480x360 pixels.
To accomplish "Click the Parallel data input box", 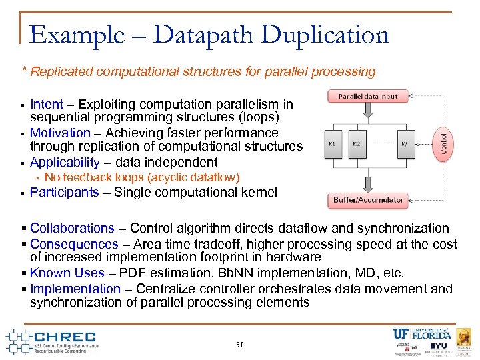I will pos(367,96).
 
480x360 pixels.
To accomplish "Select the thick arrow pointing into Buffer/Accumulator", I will pos(367,183).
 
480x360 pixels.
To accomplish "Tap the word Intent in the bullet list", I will pos(47,105).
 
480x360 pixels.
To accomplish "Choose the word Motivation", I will pos(60,133).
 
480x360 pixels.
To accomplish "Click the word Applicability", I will pos(64,162).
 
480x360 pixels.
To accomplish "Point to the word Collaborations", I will pos(72,228).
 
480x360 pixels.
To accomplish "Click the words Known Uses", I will pos(67,273).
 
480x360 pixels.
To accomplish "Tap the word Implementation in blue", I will pos(75,289).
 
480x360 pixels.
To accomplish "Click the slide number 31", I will pos(239,345).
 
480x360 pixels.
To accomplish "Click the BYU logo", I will pos(438,345).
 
